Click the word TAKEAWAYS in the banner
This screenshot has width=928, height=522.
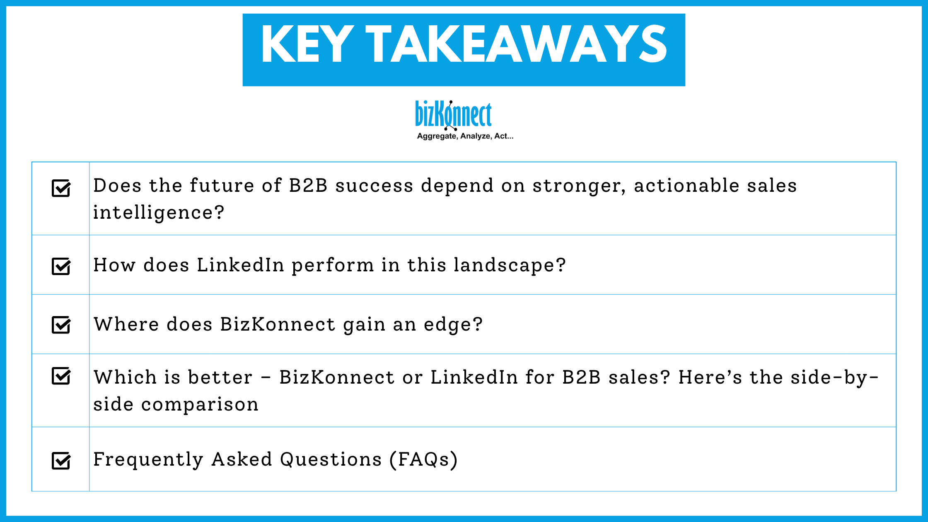[x=516, y=44]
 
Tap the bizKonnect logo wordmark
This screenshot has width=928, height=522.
[x=453, y=114]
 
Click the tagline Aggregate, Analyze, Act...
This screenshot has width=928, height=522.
[x=465, y=136]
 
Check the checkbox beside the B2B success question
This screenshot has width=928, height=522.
[x=61, y=188]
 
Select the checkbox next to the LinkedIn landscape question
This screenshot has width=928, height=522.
[x=61, y=266]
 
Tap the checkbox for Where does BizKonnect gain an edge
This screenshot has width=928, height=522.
[x=61, y=325]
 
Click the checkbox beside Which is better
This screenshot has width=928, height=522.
[x=61, y=376]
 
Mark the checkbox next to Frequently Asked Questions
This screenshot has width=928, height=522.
[x=61, y=461]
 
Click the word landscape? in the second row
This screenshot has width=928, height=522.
[x=510, y=266]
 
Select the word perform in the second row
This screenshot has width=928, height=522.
[x=333, y=266]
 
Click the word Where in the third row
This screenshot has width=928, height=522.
[x=126, y=324]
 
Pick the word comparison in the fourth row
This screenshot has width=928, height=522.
[x=200, y=404]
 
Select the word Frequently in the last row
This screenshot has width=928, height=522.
[x=148, y=459]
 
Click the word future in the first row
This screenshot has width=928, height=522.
[x=222, y=186]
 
